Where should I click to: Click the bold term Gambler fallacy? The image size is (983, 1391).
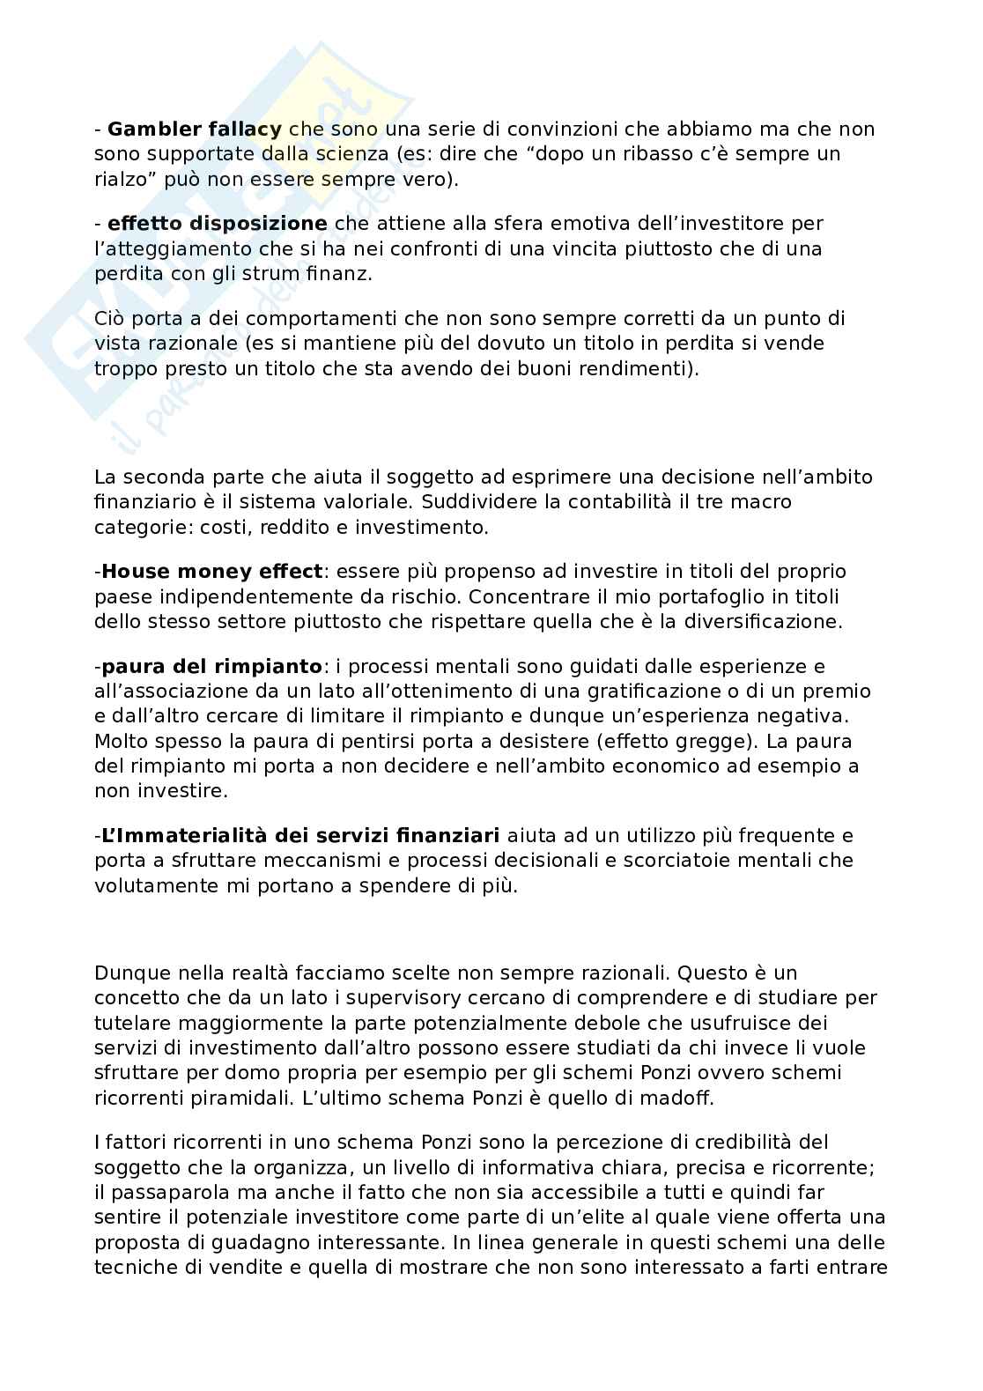tap(195, 129)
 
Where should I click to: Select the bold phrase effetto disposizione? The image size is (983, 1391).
tap(218, 224)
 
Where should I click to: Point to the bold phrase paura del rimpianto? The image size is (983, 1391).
tap(211, 667)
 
